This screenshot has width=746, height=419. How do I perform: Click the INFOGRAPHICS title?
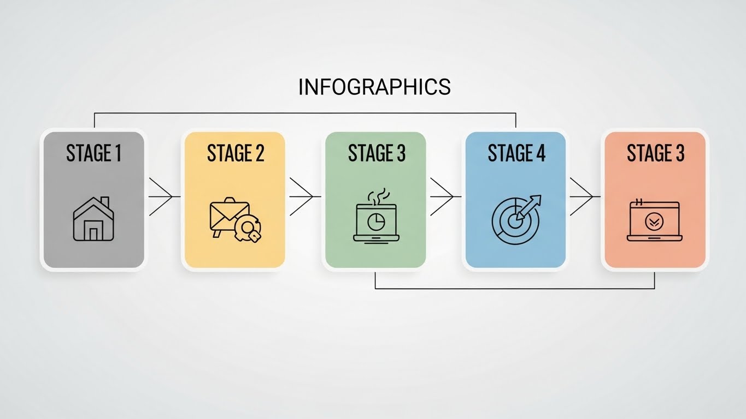[x=374, y=87]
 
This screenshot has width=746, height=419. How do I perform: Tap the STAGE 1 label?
[x=93, y=153]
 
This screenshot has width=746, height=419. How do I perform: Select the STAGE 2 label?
[x=236, y=153]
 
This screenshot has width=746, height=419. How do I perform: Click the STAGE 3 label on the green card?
[x=377, y=153]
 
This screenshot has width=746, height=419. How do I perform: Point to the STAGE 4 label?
[x=516, y=153]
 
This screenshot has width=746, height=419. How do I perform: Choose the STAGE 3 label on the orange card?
[x=655, y=153]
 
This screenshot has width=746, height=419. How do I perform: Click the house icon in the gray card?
[x=93, y=219]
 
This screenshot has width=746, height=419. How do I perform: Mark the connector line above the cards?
[x=305, y=113]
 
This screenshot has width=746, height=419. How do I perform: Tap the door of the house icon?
[x=93, y=234]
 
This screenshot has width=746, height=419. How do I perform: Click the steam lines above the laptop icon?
[x=377, y=195]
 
